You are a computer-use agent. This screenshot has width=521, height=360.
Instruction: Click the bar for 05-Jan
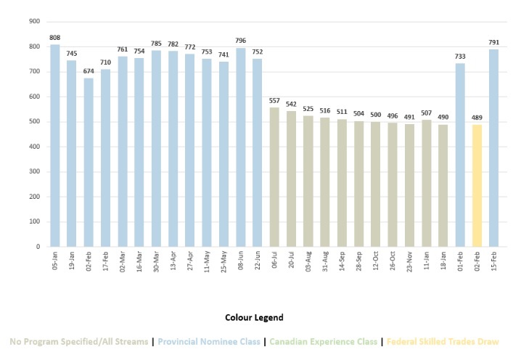point(55,145)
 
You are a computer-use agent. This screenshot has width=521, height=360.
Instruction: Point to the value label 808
point(55,38)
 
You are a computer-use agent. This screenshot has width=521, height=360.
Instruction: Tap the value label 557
point(274,100)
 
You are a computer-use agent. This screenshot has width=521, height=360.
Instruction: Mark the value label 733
point(460,57)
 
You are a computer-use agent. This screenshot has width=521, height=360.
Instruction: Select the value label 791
point(494,42)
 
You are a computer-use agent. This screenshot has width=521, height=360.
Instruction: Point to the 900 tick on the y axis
point(33,21)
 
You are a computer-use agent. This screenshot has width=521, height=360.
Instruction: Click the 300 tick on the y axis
point(33,171)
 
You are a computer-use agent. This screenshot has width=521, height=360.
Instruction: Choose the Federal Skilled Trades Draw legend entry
point(447,341)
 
